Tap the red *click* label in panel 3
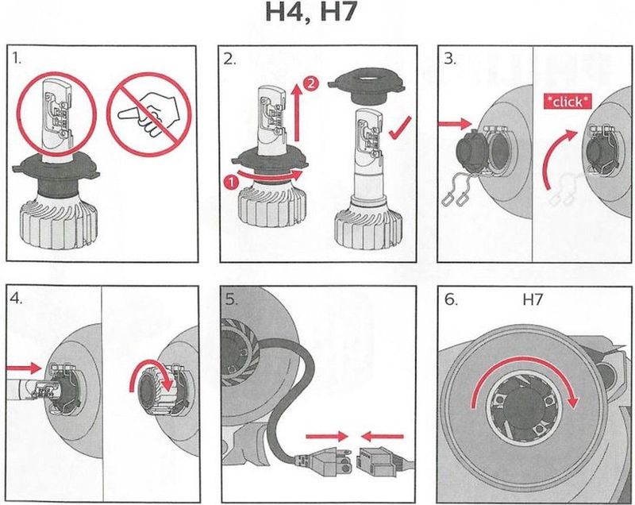coord(568,102)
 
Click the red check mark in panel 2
coord(400,128)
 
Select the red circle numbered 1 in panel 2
coord(231,183)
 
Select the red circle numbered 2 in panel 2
coord(310,84)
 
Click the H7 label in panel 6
coord(532,300)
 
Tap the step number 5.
coord(232,300)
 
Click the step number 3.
coord(449,59)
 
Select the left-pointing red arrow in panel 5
coord(383,437)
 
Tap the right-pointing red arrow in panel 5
coord(327,437)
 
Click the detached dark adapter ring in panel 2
coord(368,87)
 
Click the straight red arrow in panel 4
coord(25,368)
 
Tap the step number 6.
coord(451,300)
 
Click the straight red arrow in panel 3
coord(455,125)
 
